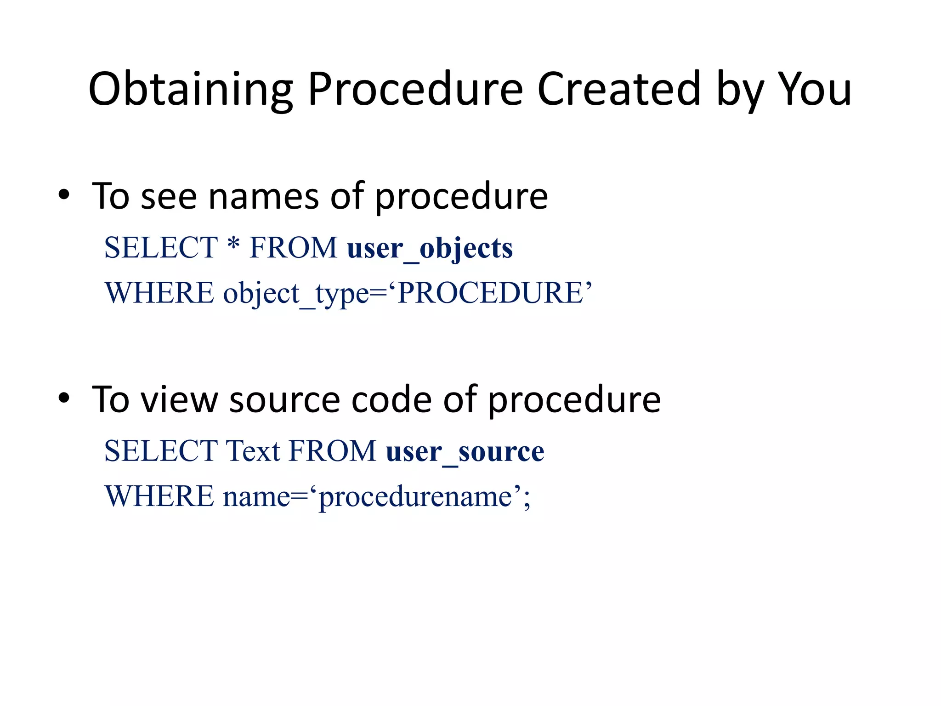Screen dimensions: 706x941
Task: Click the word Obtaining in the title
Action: [190, 90]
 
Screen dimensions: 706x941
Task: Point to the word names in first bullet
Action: [263, 197]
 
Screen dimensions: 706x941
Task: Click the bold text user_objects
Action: [430, 248]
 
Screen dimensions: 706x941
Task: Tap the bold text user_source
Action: [465, 451]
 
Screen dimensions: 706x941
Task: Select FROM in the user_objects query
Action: [293, 248]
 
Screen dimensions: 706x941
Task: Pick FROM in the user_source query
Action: [332, 451]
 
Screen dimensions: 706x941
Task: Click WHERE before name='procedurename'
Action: [159, 497]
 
